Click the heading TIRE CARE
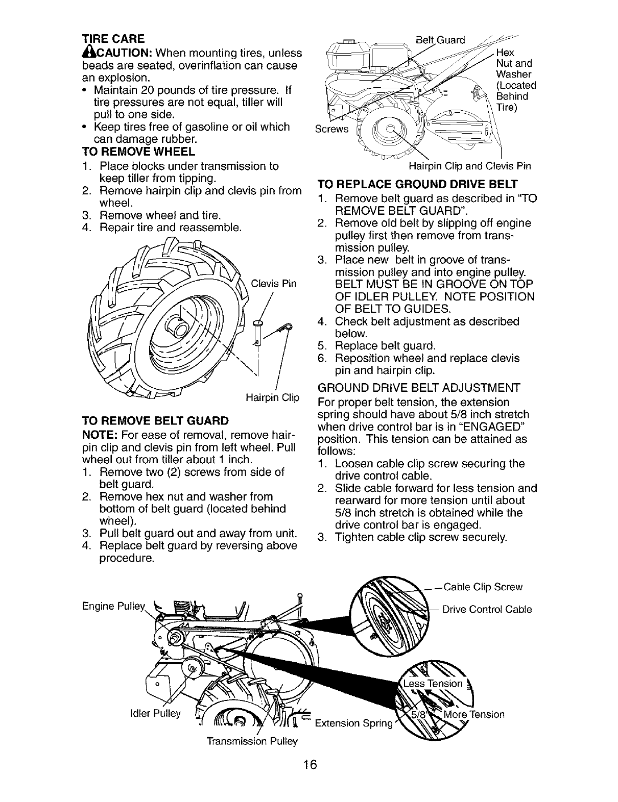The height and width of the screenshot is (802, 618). click(113, 39)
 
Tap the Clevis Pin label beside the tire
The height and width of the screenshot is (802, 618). click(273, 284)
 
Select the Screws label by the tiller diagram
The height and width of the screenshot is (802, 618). click(331, 130)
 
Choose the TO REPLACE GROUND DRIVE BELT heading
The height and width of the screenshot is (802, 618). click(418, 184)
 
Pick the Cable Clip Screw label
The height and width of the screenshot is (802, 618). click(483, 587)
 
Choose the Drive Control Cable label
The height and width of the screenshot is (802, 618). click(487, 610)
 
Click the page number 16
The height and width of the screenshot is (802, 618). click(310, 779)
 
